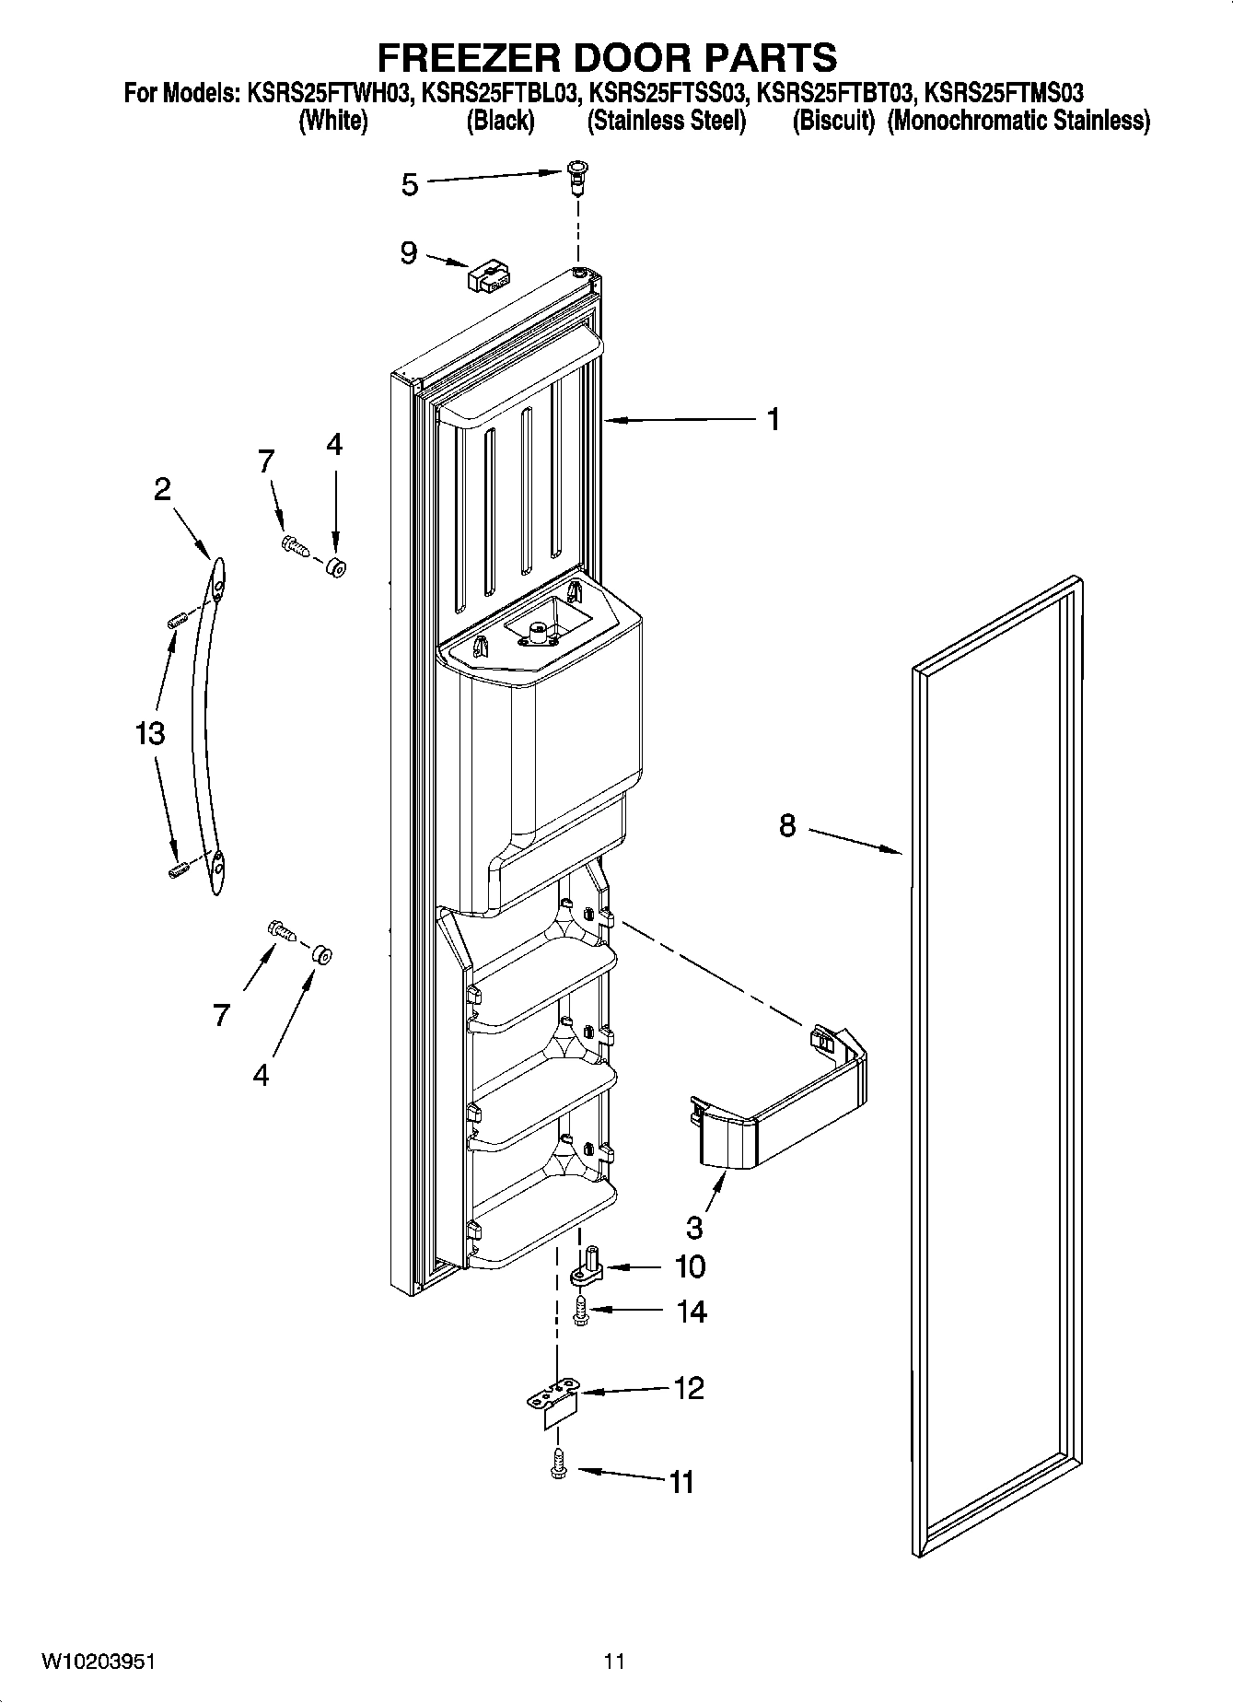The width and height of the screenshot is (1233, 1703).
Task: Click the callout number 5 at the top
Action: (x=410, y=185)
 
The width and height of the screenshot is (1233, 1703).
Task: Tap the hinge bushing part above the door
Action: (x=579, y=174)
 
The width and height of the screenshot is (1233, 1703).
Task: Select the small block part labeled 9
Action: (x=488, y=275)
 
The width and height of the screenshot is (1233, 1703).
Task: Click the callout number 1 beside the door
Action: (x=774, y=420)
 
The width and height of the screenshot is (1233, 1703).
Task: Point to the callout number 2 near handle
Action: (x=162, y=489)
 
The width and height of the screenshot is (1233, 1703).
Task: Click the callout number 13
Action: (x=149, y=734)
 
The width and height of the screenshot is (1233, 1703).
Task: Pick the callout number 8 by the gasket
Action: (x=786, y=825)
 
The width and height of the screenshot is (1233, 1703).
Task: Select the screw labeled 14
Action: (x=581, y=1312)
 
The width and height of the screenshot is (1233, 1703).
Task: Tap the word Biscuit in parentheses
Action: (x=834, y=121)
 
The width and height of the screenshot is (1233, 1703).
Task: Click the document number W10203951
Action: (x=99, y=1662)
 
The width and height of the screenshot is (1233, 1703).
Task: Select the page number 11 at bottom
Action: (x=614, y=1662)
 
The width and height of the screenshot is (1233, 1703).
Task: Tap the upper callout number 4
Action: (x=334, y=445)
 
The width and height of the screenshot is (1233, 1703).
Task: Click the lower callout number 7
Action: (x=221, y=1015)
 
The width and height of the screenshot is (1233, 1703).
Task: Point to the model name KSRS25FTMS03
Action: (x=1004, y=93)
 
